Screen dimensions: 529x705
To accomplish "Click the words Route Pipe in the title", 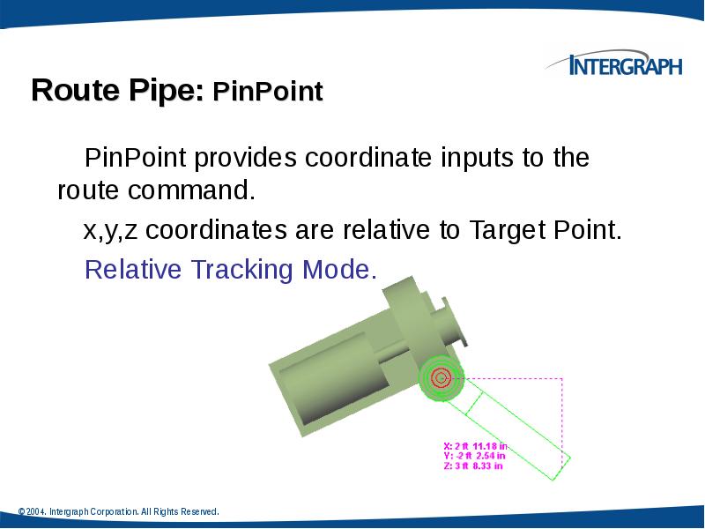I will pos(117,91).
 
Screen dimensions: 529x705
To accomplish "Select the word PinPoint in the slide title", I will pos(269,92).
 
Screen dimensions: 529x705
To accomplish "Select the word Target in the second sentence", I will pos(510,231).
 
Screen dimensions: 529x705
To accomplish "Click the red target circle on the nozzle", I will pos(442,378).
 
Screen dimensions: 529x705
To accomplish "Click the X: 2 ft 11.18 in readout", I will pos(474,446).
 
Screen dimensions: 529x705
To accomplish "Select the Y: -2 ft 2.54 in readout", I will pos(474,456).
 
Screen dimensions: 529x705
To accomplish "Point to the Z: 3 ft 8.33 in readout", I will pos(472,466).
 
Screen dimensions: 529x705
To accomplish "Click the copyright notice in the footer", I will pos(118,512).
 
